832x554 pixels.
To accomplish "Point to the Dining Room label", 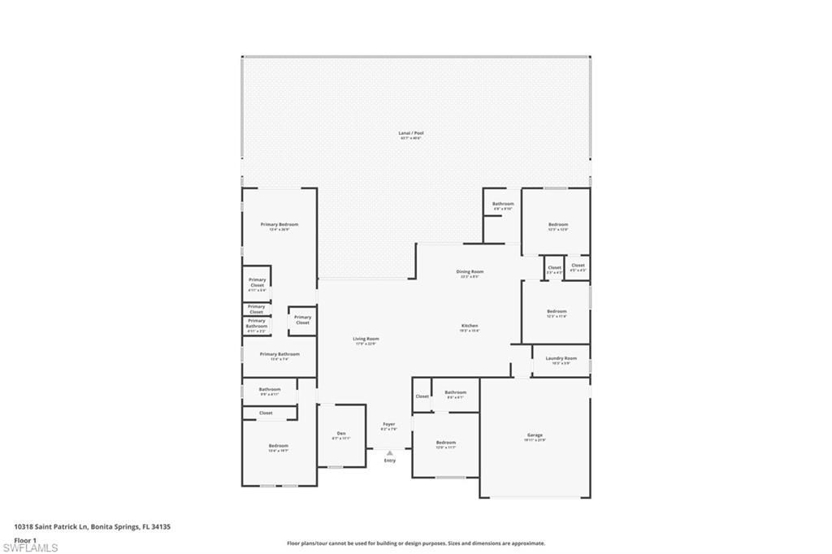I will click(470, 273).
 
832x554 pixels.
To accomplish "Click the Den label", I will click(341, 435).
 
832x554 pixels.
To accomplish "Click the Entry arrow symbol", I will click(389, 453).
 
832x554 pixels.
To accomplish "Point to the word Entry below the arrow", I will click(390, 461).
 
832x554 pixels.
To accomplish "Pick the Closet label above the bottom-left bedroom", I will click(266, 413).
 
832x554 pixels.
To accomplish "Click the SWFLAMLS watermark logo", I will click(30, 548).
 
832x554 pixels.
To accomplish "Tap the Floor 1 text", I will click(25, 539).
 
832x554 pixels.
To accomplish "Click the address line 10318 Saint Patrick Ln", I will click(92, 526).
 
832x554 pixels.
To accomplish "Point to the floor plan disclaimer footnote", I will click(415, 543).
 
